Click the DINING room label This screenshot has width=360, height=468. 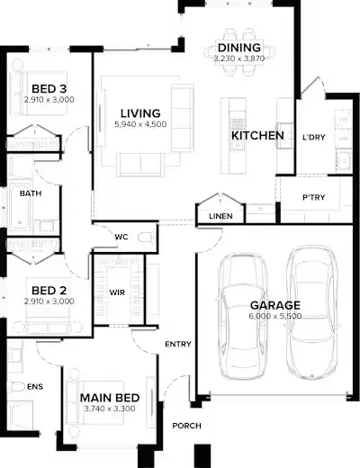pos(239,48)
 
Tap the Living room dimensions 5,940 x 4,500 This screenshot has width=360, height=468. pos(140,124)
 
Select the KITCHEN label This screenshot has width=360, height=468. pos(257,136)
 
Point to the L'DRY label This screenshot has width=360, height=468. pos(313,138)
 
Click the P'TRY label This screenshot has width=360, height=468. pos(313,197)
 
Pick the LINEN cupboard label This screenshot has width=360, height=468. pos(220,216)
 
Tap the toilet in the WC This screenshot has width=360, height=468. pos(146,238)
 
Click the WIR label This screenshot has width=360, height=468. pos(117,292)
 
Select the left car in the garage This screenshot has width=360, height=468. pos(242,315)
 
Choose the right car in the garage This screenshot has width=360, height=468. pos(311,312)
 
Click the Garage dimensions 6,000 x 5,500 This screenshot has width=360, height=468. pos(275,316)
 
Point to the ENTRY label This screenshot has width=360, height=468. pos(178,344)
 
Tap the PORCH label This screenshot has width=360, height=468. pos(186,426)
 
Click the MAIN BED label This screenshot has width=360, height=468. pos(110,398)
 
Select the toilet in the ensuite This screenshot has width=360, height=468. pos(15,387)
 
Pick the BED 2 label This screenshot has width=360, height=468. pos(49,291)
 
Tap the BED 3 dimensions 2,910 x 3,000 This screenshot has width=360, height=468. pos(49,100)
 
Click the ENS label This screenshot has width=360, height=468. pos(35,387)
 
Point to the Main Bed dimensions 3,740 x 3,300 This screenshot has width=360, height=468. pos(110,409)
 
